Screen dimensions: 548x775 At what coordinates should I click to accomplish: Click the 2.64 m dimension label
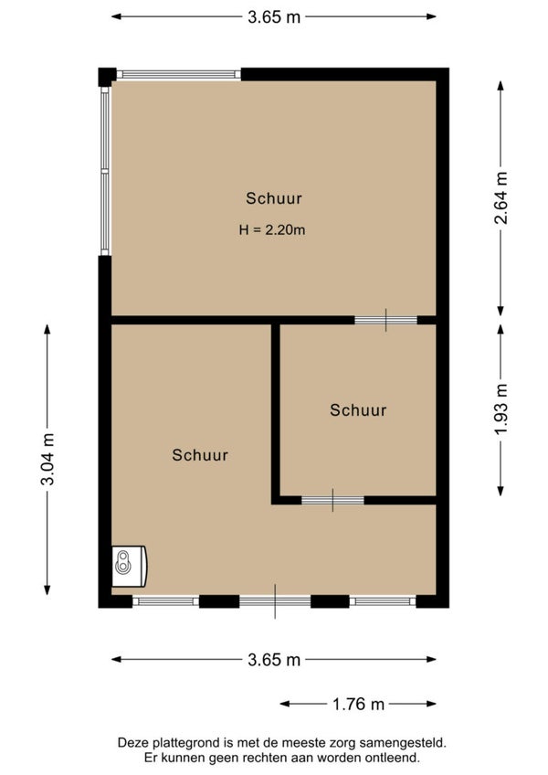pos(501,197)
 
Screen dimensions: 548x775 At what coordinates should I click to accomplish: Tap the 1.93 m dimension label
pos(501,409)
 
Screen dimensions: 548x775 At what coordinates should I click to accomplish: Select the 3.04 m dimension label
pos(47,459)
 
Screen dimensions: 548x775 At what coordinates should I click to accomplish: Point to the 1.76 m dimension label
pos(358,704)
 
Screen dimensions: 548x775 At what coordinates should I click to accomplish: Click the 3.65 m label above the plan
pos(274,16)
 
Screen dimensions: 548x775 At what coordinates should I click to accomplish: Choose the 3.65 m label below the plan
pos(274,659)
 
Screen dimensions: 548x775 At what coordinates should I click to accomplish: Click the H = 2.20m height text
pos(272,229)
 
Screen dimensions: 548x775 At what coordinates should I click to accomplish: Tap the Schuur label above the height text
pos(274,198)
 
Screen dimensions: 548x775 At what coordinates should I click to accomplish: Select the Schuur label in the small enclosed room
pos(358,409)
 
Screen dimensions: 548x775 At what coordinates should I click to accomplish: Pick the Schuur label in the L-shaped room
pos(200,455)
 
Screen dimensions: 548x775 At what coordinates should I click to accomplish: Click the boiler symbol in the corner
pos(130,566)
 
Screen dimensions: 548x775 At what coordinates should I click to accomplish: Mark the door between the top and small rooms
pos(386,320)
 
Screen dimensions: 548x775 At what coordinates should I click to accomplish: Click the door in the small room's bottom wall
pos(332,500)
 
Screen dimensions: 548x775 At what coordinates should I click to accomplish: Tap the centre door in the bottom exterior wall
pos(275,601)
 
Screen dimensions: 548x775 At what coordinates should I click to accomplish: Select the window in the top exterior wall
pos(178,75)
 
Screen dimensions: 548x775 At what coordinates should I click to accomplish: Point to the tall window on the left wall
pos(105,171)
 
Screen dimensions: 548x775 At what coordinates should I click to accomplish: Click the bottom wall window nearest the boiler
pos(165,601)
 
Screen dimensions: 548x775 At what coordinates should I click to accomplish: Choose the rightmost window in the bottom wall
pos(383,601)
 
